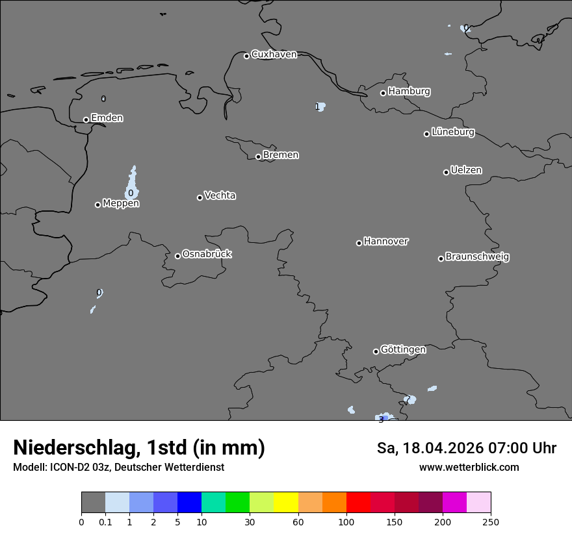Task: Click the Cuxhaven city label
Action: (274, 55)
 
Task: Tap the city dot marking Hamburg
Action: (383, 93)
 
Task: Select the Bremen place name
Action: (281, 155)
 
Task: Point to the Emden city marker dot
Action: (86, 119)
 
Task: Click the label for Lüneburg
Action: (453, 132)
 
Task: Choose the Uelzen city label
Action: (466, 170)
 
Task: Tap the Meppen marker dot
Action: (97, 205)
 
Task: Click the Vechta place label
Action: (220, 195)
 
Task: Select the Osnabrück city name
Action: (207, 254)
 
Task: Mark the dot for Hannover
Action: (359, 243)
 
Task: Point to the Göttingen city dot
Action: (376, 351)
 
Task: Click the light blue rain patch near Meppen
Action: (132, 185)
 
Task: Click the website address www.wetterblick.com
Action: (469, 468)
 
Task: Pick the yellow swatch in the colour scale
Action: (286, 503)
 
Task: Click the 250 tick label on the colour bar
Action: (491, 521)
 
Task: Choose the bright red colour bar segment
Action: (358, 503)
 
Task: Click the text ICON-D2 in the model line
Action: (71, 468)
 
